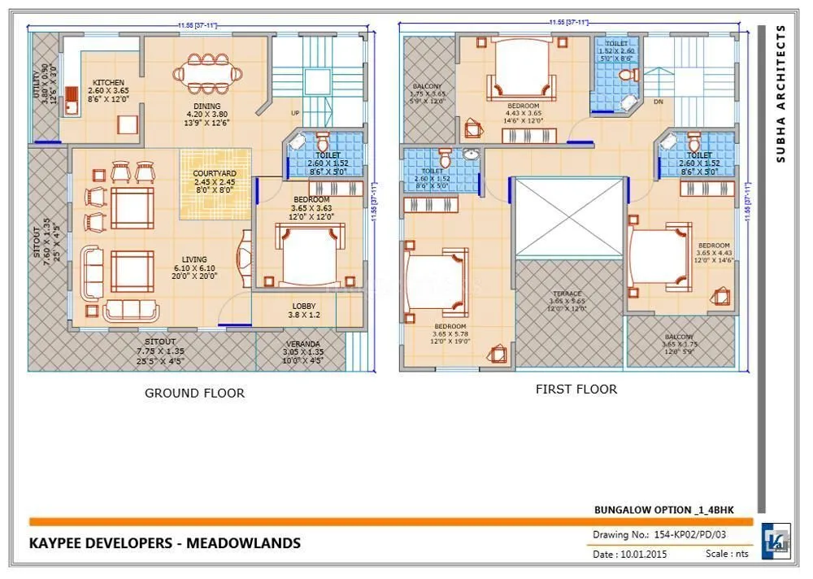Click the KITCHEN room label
[108, 83]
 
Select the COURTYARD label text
[215, 173]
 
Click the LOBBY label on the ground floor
[305, 307]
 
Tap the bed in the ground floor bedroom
[306, 254]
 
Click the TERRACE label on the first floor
[567, 294]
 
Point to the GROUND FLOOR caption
[194, 393]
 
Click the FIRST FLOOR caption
[576, 390]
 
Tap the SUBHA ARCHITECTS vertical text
[780, 94]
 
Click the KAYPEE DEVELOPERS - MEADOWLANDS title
[165, 542]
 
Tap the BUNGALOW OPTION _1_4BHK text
[664, 510]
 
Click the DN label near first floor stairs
[659, 102]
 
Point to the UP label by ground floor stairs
[296, 112]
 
